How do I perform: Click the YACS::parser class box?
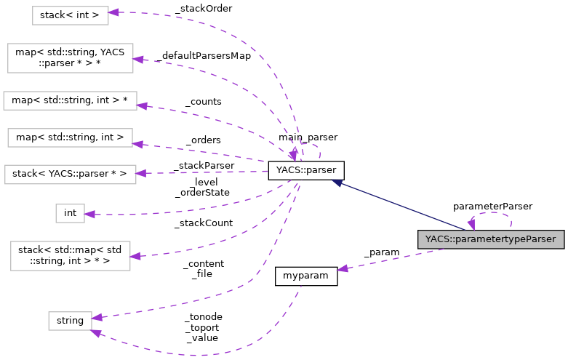coord(305,171)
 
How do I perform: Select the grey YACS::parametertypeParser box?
coord(491,239)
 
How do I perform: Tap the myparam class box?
coord(305,276)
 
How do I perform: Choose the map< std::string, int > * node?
coord(70,100)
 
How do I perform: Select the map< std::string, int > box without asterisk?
coord(70,136)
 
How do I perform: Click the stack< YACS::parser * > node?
coord(70,174)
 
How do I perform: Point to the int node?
coord(70,213)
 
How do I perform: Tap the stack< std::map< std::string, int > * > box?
coord(70,256)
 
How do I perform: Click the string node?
coord(70,319)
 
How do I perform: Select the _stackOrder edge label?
coord(203,9)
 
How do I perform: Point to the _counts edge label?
coord(203,102)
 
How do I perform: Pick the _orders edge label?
coord(203,140)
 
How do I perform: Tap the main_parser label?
coord(307,137)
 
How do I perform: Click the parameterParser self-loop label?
coord(492,206)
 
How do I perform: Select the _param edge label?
coord(381,252)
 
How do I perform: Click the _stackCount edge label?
coord(203,223)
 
